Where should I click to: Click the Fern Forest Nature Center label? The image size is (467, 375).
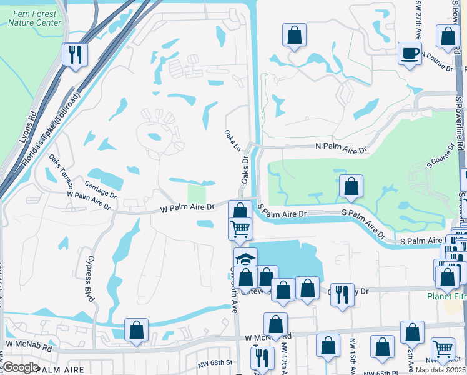click(34, 18)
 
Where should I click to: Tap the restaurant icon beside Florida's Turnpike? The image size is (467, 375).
click(75, 54)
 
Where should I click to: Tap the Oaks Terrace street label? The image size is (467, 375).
click(62, 172)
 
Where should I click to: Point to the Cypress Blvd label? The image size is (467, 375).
click(89, 279)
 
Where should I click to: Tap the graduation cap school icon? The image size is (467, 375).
click(245, 259)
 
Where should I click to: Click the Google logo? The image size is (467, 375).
click(21, 367)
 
